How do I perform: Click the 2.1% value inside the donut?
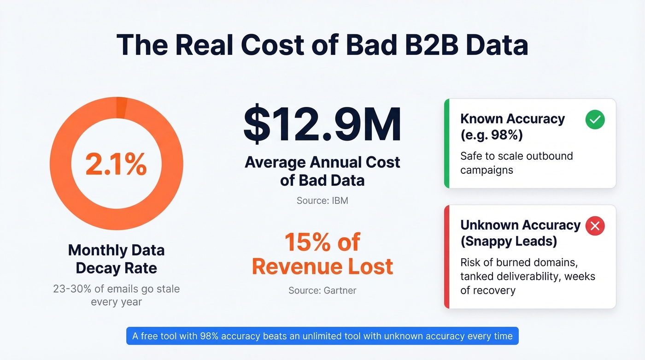(x=116, y=164)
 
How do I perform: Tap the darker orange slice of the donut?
(x=122, y=107)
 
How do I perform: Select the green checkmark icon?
(x=595, y=120)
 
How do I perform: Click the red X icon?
(x=595, y=226)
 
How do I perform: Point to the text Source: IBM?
(x=322, y=201)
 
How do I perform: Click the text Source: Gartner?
(x=322, y=290)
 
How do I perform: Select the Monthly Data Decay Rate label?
(x=116, y=259)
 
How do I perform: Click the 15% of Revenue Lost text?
(x=322, y=254)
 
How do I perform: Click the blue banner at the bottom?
(x=322, y=336)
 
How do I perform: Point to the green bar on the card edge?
(x=446, y=143)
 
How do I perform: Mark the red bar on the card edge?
(x=446, y=257)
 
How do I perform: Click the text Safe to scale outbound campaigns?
(x=516, y=163)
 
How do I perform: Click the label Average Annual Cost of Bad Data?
(x=322, y=171)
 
